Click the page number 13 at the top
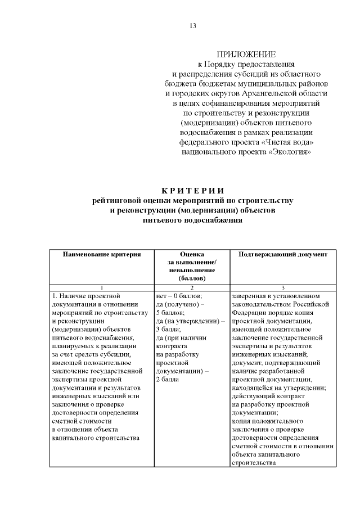(193, 26)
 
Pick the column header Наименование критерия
(101, 254)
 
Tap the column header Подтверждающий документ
(282, 254)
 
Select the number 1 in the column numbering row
(101, 287)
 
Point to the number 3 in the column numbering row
(282, 287)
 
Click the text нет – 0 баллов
(179, 295)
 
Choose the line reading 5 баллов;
(170, 312)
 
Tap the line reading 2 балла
(166, 379)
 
